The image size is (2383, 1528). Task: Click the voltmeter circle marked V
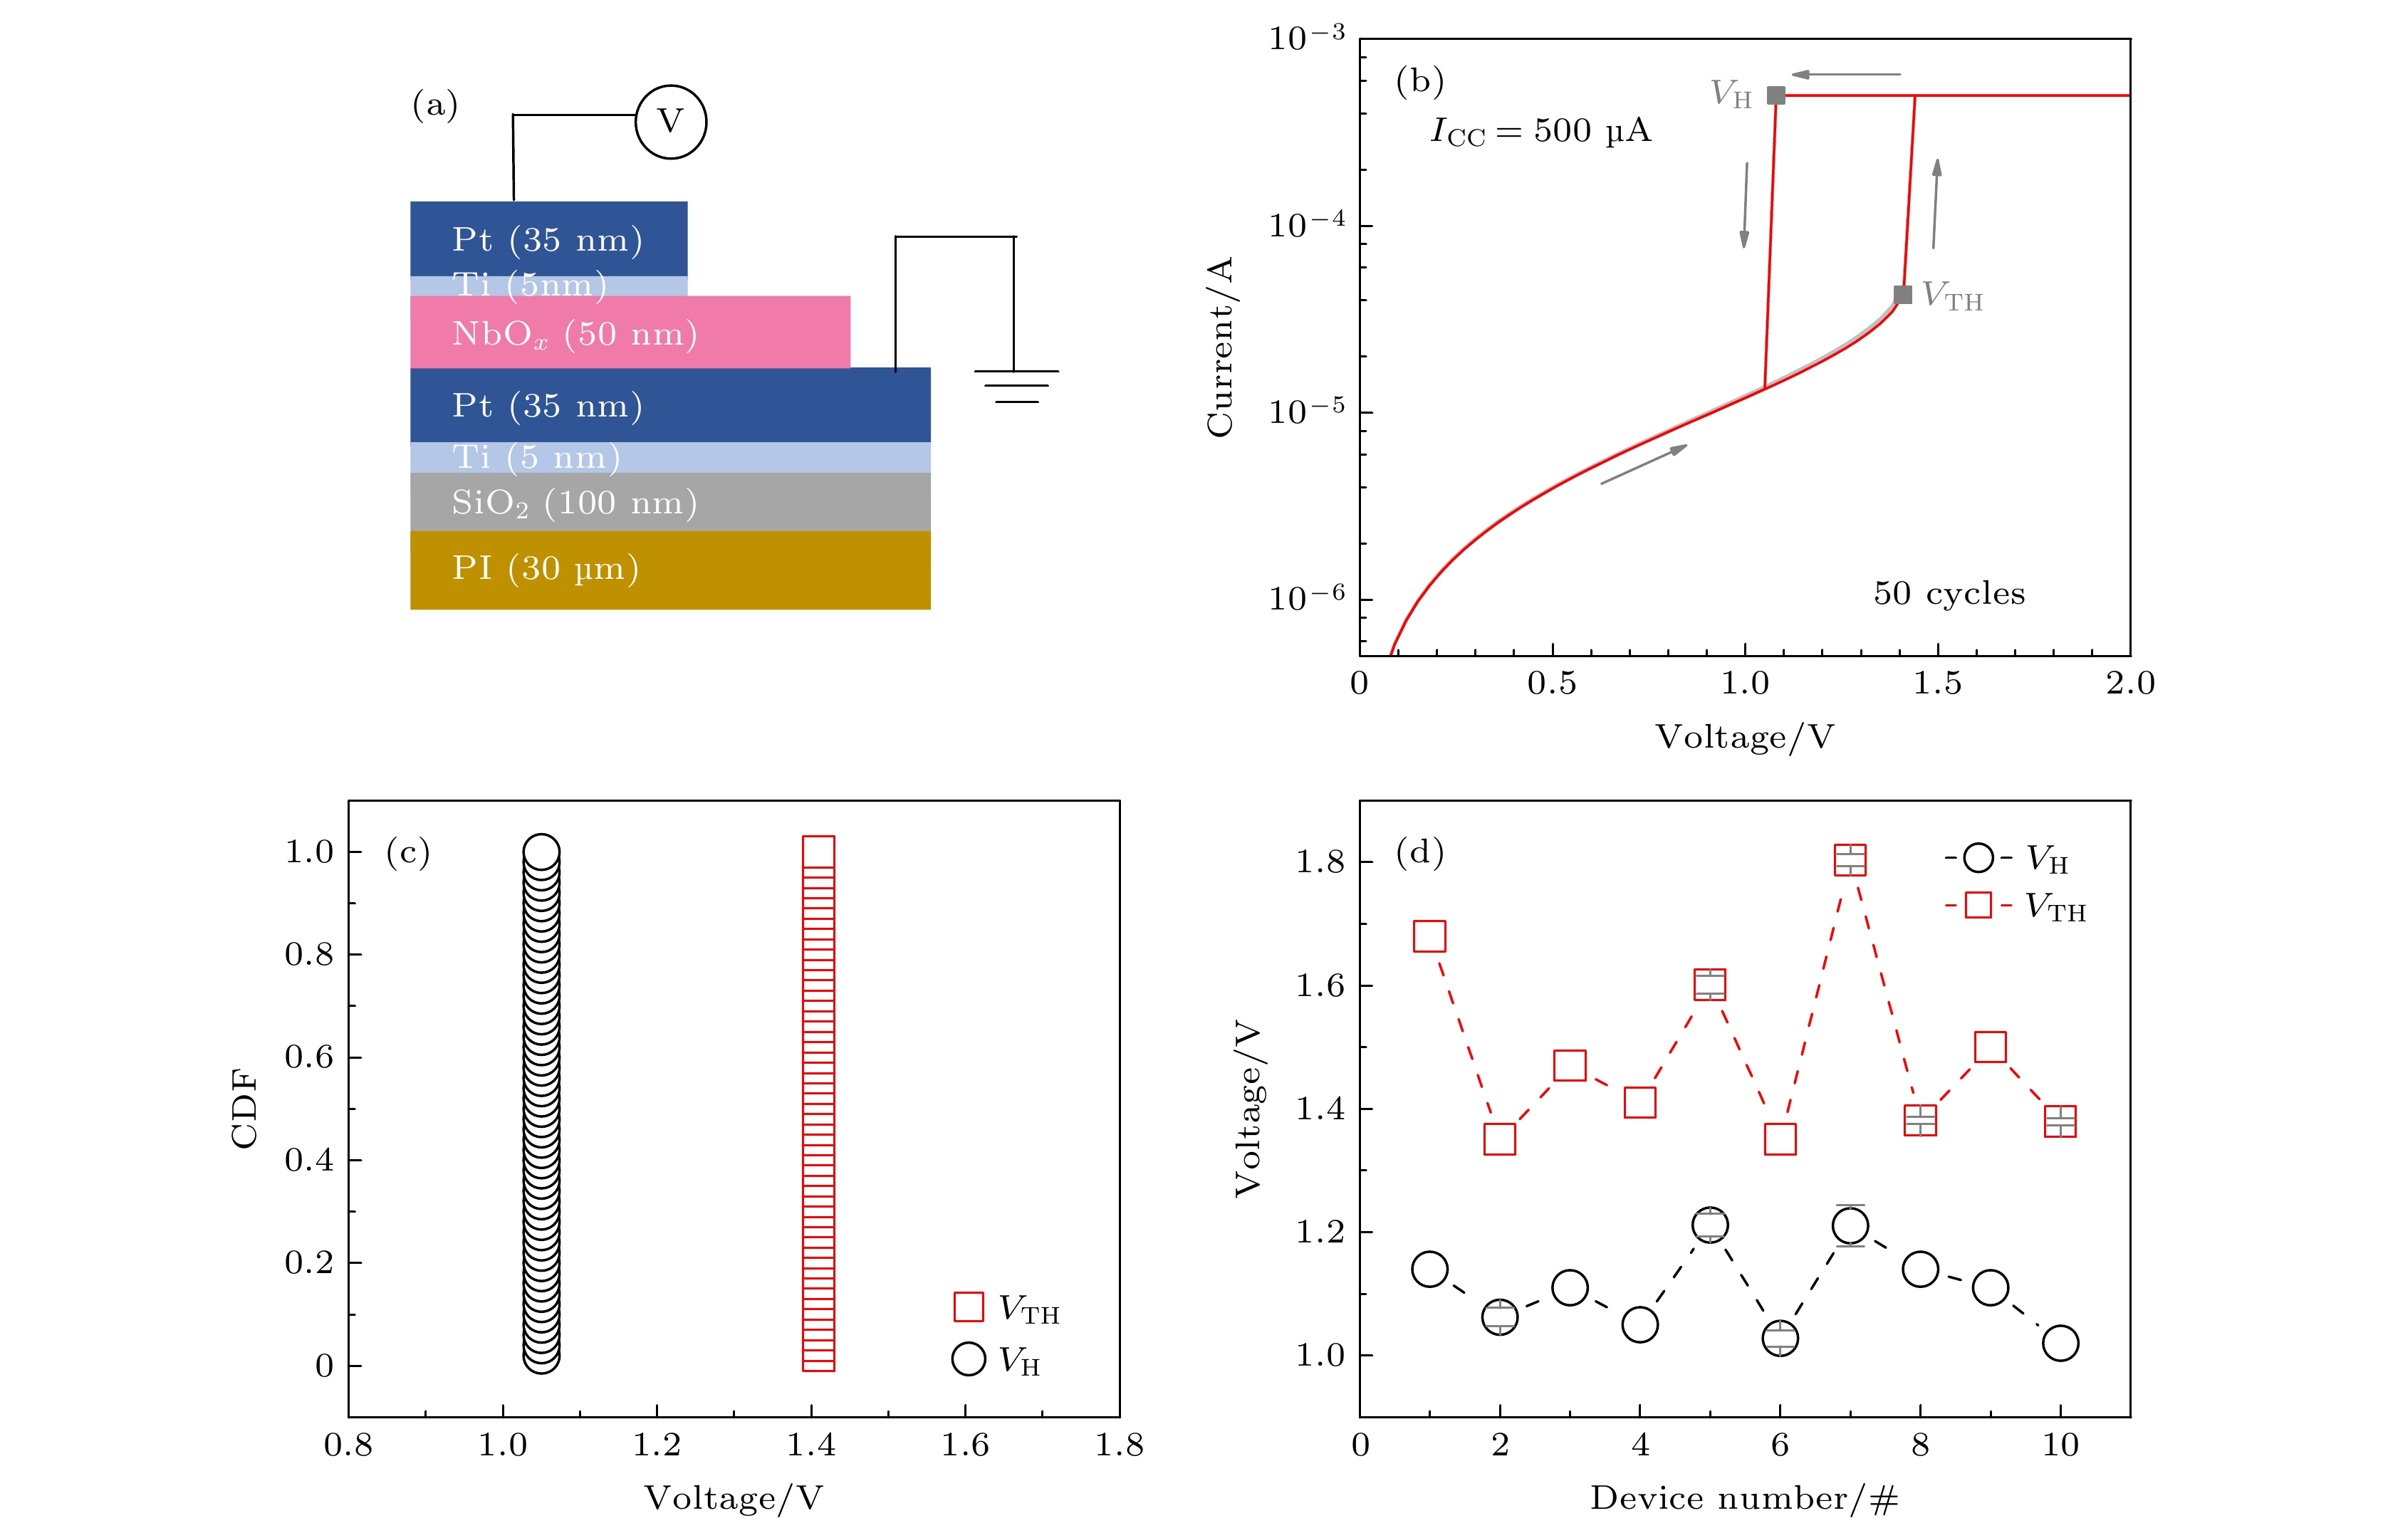(671, 122)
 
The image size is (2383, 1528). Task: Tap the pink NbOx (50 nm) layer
(630, 333)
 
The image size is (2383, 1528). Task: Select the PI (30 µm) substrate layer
(670, 570)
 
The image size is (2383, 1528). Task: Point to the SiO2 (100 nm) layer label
(573, 503)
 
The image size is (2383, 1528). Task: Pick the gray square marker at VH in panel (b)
(1775, 95)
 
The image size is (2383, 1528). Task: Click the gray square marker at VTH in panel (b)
(1902, 295)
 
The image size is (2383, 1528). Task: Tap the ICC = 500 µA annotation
(1540, 131)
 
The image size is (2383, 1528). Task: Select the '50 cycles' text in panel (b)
(1949, 593)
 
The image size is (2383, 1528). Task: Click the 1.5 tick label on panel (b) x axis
(1937, 683)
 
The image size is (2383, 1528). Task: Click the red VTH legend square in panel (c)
(968, 1307)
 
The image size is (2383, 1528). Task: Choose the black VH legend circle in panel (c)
(968, 1359)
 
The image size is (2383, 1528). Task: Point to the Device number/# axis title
(1744, 1498)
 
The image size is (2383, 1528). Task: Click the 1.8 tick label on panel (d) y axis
(1320, 862)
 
